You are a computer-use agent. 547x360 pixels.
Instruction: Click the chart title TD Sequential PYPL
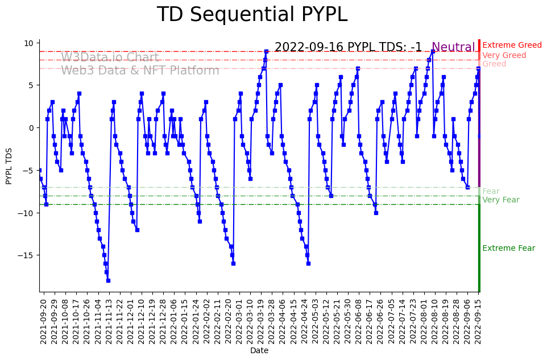(x=252, y=15)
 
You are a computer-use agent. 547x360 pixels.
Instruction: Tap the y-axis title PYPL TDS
(x=9, y=165)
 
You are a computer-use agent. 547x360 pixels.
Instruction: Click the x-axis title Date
(x=259, y=351)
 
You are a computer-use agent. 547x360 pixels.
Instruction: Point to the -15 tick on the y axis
(x=27, y=255)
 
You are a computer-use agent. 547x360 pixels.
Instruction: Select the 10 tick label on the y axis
(x=29, y=43)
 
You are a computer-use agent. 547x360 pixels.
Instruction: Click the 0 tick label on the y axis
(x=32, y=128)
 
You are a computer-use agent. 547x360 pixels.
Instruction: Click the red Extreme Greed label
(x=512, y=45)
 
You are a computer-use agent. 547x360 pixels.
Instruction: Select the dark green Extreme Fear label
(x=508, y=249)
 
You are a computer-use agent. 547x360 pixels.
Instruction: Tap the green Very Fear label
(x=500, y=200)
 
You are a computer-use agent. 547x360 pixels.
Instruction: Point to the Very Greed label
(x=504, y=56)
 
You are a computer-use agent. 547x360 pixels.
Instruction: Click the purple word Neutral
(x=453, y=48)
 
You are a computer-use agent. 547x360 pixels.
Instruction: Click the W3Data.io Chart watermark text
(x=110, y=58)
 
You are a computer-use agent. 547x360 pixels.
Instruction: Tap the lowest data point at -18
(x=108, y=280)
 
